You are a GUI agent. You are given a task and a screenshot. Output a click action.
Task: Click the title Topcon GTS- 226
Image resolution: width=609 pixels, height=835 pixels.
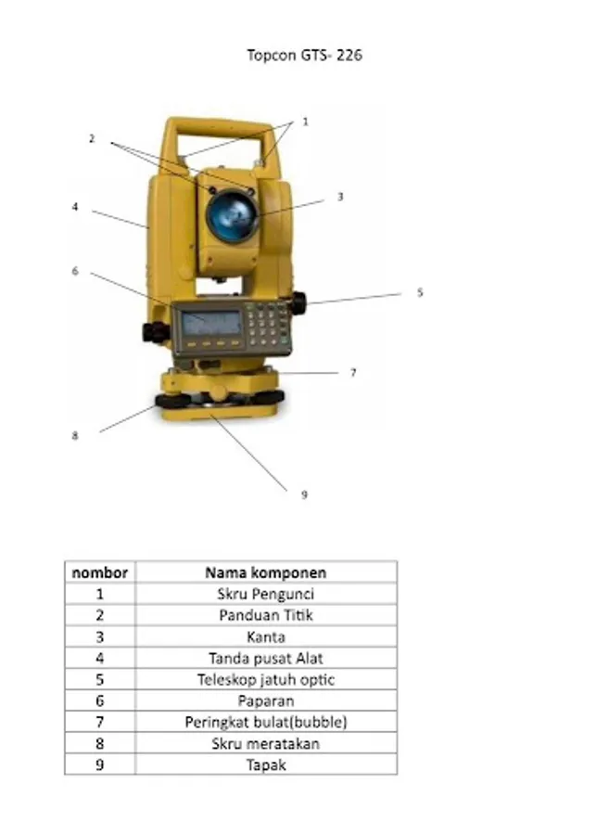pos(305,55)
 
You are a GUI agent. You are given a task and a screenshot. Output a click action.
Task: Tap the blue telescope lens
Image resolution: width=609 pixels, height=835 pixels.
pos(232,214)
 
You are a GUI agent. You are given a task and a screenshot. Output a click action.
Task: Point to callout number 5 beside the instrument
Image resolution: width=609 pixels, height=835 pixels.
pos(420,292)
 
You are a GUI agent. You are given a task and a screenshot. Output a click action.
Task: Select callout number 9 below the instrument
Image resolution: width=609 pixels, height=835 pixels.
pos(304,495)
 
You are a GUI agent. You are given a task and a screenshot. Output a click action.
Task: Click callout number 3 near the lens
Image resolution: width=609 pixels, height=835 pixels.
pos(340,197)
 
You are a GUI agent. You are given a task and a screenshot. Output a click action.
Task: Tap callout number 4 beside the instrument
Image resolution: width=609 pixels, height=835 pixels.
pos(75,207)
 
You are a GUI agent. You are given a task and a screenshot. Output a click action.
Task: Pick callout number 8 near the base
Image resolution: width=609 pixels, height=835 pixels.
pos(75,436)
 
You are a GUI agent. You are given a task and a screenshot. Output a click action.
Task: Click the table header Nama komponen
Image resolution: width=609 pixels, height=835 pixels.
pos(266,572)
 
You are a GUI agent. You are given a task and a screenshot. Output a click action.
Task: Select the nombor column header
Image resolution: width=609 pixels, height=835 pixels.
pos(99,572)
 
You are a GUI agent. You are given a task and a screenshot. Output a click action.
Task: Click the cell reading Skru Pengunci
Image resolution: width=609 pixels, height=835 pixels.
pos(266,594)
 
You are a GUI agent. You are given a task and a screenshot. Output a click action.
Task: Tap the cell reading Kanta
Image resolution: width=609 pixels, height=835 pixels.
pos(266,636)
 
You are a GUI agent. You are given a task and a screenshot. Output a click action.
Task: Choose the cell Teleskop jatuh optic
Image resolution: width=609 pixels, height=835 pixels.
pos(266,679)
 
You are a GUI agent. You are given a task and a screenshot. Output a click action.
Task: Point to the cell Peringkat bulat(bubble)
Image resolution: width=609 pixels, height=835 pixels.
pos(266,722)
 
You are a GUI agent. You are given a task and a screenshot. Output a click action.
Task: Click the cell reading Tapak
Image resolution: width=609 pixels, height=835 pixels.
pos(266,765)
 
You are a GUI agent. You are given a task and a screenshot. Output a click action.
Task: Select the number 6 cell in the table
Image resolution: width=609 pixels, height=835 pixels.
pos(99,700)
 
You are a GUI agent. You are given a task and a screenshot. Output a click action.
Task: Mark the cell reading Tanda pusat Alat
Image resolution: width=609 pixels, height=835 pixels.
pos(266,658)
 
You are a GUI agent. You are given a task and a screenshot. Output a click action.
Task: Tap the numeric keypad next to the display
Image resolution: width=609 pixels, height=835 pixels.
pos(266,321)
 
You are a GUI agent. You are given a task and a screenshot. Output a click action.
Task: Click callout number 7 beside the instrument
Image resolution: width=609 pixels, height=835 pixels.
pos(353,373)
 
